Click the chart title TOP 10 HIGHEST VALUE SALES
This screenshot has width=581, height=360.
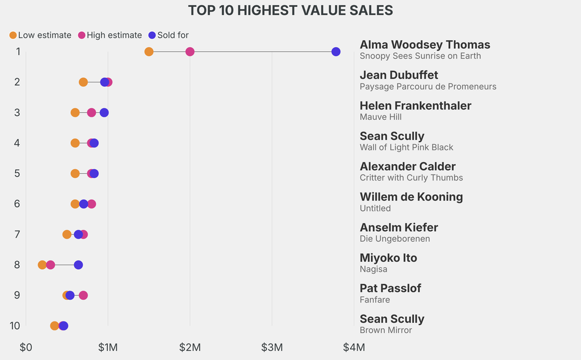click(x=290, y=11)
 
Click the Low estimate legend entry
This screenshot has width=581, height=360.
click(x=40, y=35)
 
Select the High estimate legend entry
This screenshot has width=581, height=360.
click(x=110, y=35)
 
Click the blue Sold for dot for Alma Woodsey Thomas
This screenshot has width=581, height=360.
click(x=336, y=52)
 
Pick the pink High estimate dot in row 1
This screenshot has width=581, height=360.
click(x=190, y=52)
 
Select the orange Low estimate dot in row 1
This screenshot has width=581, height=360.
click(x=149, y=52)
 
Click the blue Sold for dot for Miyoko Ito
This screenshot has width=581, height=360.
click(x=78, y=265)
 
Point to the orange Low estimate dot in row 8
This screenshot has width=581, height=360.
click(x=42, y=265)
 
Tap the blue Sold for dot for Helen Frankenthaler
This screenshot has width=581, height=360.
click(x=104, y=112)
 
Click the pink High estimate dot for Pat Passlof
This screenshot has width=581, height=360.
click(x=83, y=295)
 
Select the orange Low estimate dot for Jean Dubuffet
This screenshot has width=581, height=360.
click(x=83, y=82)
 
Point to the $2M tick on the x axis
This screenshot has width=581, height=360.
click(x=190, y=347)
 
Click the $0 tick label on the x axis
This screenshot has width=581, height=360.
click(x=26, y=347)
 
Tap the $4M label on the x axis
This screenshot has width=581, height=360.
click(x=354, y=347)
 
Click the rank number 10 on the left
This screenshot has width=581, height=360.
click(x=15, y=326)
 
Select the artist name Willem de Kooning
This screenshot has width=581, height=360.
click(x=411, y=197)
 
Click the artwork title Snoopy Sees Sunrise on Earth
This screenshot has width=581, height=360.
click(x=420, y=56)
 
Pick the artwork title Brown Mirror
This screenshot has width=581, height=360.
click(x=386, y=330)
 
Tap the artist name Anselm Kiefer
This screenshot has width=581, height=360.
click(x=399, y=228)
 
